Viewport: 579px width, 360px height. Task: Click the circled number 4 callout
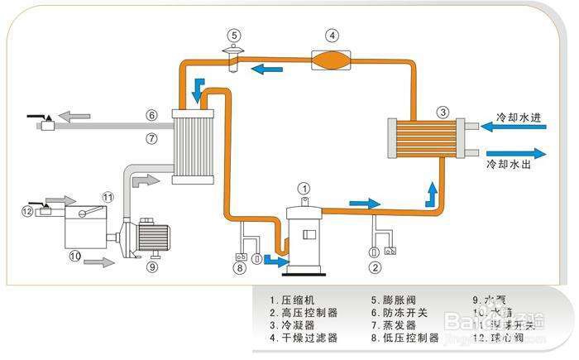coord(332,36)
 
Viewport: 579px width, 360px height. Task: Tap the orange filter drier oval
coord(332,60)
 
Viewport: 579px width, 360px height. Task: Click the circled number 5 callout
coord(235,35)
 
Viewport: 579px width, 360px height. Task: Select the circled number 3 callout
coord(443,113)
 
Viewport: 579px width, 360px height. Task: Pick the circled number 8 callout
coord(240,266)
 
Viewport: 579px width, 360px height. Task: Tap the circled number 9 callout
coord(152,266)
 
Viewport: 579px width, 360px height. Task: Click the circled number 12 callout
coord(28,211)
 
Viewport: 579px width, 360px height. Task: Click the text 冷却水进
coord(518,118)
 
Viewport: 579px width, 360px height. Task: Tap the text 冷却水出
coord(518,165)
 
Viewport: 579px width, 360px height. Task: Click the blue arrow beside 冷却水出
coord(517,152)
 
